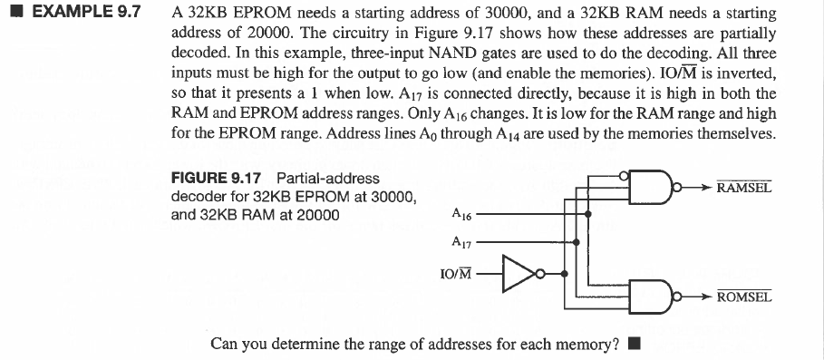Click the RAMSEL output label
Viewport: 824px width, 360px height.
coord(743,189)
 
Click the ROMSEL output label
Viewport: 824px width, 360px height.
coord(743,297)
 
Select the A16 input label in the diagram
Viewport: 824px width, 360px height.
coord(460,215)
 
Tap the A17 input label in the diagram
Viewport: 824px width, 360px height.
coord(460,242)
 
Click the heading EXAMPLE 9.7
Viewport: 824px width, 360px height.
coord(82,15)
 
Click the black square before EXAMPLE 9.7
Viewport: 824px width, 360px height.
coord(11,15)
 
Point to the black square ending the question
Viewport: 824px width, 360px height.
coord(634,344)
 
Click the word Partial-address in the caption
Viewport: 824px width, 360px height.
coord(327,179)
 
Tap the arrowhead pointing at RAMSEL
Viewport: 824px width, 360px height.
coord(706,189)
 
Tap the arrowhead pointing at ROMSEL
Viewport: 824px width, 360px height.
coord(706,297)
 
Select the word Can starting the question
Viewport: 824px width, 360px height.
coord(224,344)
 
